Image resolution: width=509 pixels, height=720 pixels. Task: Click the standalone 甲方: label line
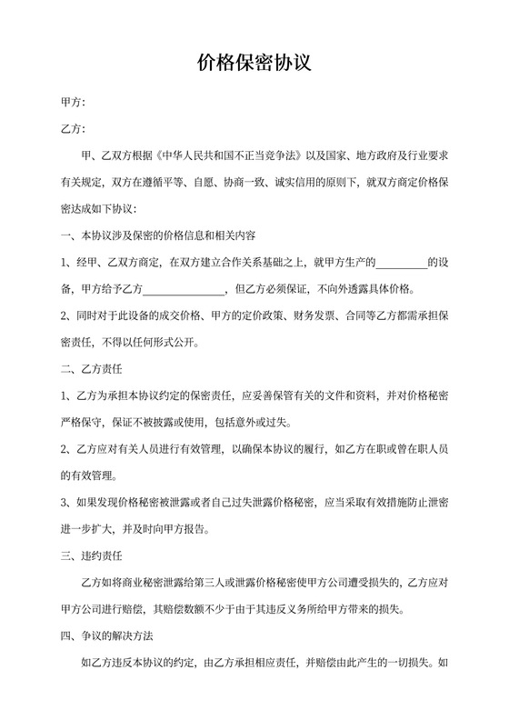[73, 103]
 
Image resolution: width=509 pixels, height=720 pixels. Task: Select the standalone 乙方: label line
[73, 130]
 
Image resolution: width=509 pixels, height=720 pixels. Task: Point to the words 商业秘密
[137, 581]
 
